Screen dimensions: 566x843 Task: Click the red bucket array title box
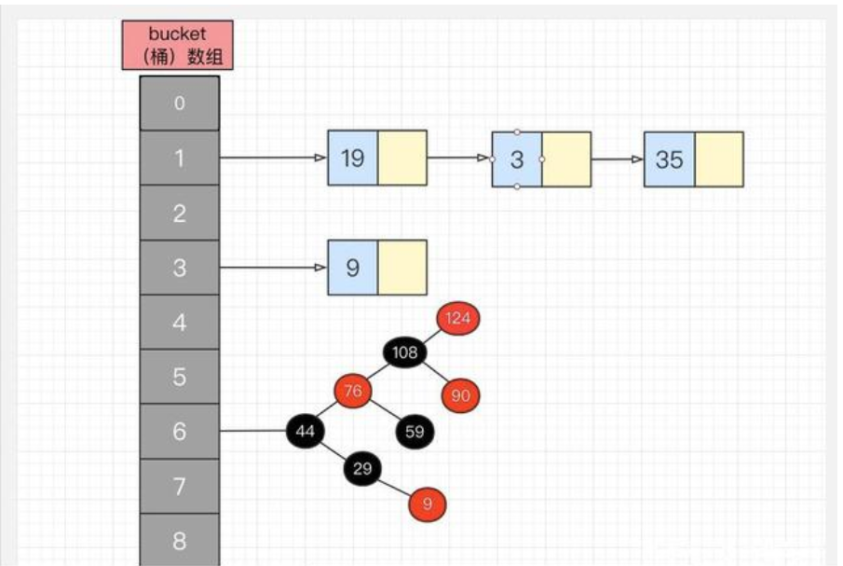click(x=177, y=45)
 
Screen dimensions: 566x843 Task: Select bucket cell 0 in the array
click(x=180, y=104)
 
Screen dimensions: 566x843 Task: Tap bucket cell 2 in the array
click(x=180, y=214)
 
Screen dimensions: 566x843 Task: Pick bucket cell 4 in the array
click(x=180, y=324)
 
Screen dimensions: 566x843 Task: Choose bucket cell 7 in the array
click(x=180, y=486)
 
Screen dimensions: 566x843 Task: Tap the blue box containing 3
click(x=517, y=159)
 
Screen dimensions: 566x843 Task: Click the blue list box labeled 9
click(x=353, y=268)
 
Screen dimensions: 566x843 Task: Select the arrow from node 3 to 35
click(x=617, y=159)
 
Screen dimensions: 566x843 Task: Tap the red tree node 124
click(x=457, y=318)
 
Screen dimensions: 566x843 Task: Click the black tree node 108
click(x=405, y=352)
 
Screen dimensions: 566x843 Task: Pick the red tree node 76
click(x=353, y=391)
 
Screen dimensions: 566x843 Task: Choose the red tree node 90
click(x=460, y=395)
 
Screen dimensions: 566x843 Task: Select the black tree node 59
click(x=415, y=431)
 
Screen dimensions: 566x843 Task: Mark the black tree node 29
click(x=362, y=468)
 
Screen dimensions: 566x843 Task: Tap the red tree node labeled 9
click(x=427, y=504)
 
